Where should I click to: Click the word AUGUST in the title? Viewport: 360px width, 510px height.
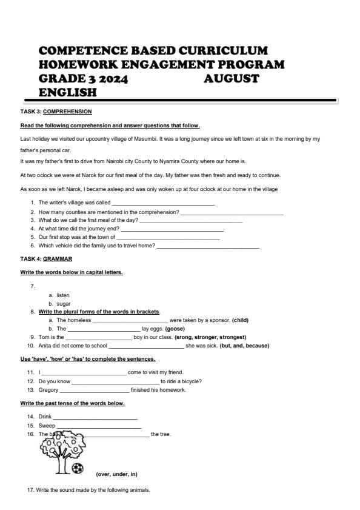(232, 79)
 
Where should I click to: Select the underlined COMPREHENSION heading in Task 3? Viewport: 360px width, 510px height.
(67, 112)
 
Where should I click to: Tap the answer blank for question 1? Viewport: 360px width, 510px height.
(163, 203)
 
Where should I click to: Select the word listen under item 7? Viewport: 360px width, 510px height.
(63, 295)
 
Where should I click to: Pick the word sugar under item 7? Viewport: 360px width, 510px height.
(64, 303)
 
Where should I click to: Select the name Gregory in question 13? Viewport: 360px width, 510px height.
(48, 390)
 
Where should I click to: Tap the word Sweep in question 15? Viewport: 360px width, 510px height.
(47, 426)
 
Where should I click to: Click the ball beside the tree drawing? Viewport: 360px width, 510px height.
(78, 468)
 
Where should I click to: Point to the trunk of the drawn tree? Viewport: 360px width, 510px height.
(61, 463)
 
